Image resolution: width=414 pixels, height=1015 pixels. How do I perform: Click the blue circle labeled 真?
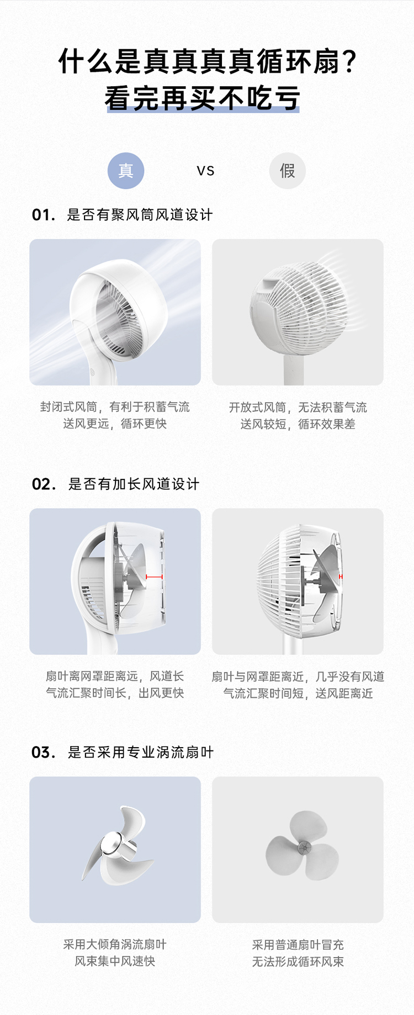point(126,171)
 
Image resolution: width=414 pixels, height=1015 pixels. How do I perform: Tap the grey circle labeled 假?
point(288,171)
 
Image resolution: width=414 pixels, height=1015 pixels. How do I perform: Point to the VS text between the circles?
point(205,171)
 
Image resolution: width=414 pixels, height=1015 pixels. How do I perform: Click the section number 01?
point(44,215)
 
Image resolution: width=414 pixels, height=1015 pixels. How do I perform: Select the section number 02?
point(44,484)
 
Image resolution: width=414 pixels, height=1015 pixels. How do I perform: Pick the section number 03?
point(44,753)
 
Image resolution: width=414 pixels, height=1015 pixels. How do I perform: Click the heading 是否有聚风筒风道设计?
point(140,215)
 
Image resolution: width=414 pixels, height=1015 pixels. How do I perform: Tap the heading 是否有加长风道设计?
point(134,484)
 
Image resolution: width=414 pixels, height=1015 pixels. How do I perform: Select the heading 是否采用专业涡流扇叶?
point(141,753)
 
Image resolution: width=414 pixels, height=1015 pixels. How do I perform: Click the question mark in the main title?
point(349,61)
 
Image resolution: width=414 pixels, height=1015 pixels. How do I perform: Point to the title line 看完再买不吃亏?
point(203,98)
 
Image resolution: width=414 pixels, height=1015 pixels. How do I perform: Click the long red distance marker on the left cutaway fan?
point(154,577)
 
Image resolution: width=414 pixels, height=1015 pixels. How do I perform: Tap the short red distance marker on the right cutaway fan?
point(341,577)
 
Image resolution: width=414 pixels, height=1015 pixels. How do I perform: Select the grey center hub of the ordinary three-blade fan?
point(302,848)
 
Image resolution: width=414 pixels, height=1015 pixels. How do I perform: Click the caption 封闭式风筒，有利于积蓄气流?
point(115,407)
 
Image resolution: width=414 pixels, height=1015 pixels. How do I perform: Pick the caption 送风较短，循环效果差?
point(298,424)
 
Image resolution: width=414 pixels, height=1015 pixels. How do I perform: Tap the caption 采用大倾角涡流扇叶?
point(115,945)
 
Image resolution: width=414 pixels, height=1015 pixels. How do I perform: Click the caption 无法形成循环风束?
point(298,962)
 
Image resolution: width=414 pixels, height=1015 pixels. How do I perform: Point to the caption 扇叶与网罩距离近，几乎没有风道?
point(298,676)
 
